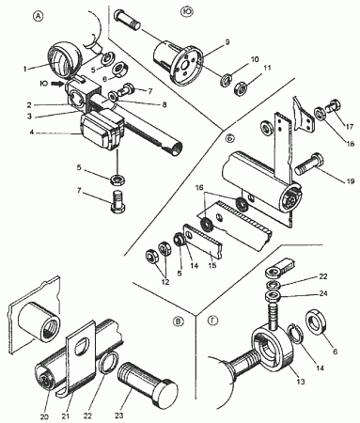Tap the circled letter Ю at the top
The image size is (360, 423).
[x=187, y=11]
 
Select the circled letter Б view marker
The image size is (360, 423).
[x=230, y=138]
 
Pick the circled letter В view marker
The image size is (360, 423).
[x=179, y=321]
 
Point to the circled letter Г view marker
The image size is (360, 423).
[x=212, y=321]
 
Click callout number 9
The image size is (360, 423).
[x=227, y=42]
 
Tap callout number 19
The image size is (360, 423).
[x=351, y=181]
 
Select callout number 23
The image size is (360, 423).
[x=118, y=415]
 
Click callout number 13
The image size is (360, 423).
[x=301, y=382]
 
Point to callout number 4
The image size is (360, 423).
[x=32, y=133]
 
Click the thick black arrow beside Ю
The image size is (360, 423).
[x=57, y=84]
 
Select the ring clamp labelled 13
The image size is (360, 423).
[x=273, y=349]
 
